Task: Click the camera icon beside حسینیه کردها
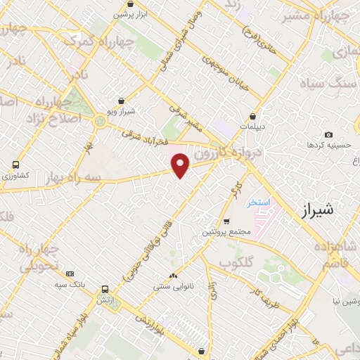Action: click(328, 134)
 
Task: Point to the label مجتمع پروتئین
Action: click(226, 232)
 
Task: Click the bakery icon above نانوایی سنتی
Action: click(173, 276)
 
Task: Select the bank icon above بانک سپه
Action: click(70, 274)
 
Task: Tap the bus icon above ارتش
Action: click(105, 288)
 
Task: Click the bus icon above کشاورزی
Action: click(15, 165)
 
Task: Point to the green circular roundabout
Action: click(100, 122)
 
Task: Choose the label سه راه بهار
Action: click(70, 177)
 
